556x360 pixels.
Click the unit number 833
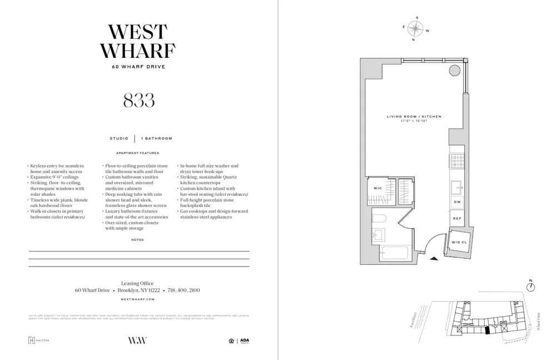pyautogui.click(x=138, y=100)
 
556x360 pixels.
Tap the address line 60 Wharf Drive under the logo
pyautogui.click(x=138, y=67)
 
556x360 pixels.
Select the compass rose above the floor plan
pyautogui.click(x=415, y=28)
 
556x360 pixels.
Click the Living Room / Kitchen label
pyautogui.click(x=414, y=117)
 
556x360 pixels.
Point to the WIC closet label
pyautogui.click(x=377, y=189)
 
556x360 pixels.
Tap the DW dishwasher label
pyautogui.click(x=457, y=201)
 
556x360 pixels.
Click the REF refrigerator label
pyautogui.click(x=457, y=219)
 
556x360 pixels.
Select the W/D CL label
pyautogui.click(x=459, y=243)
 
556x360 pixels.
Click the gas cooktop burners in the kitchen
pyautogui.click(x=457, y=161)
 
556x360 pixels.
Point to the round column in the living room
pyautogui.click(x=455, y=71)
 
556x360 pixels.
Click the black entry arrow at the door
pyautogui.click(x=434, y=258)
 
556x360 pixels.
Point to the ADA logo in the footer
pyautogui.click(x=245, y=341)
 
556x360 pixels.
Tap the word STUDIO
pyautogui.click(x=119, y=139)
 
